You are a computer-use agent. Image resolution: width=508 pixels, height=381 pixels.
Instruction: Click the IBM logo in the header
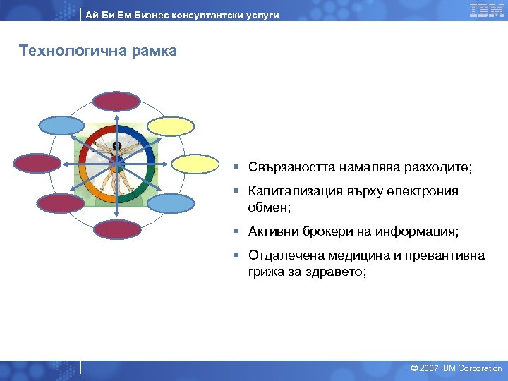(x=487, y=10)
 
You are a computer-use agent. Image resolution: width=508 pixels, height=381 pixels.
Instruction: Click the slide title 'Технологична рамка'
(x=98, y=51)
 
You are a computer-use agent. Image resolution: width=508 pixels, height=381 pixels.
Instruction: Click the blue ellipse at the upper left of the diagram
(x=61, y=125)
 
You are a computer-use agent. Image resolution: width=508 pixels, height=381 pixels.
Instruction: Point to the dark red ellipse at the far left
(x=37, y=164)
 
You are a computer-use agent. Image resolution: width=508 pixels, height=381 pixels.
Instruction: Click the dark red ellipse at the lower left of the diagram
(x=61, y=203)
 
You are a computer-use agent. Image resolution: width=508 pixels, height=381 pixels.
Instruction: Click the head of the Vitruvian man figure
(x=117, y=147)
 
